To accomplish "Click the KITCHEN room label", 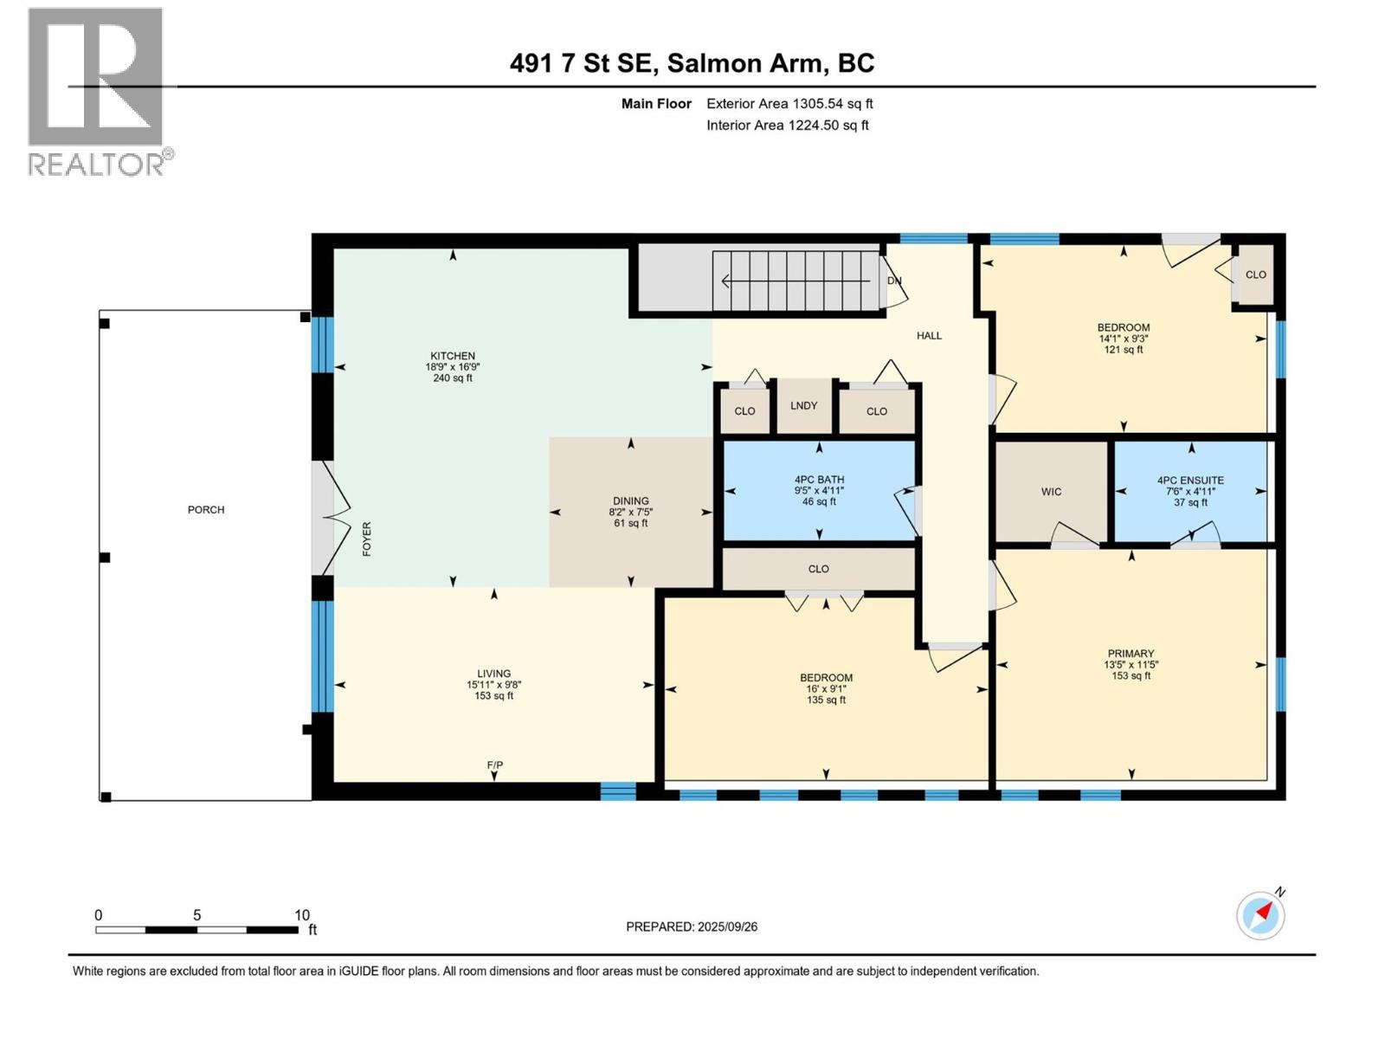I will point(453,356).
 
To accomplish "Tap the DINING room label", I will point(630,501).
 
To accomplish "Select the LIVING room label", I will point(493,674).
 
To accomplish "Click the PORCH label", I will point(206,510).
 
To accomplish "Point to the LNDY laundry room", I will point(803,405).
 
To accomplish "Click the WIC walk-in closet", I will point(1051,492).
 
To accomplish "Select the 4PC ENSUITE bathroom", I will point(1190,481).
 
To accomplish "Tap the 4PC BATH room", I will point(819,480).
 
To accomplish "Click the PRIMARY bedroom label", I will point(1131,654).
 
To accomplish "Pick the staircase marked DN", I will point(796,281).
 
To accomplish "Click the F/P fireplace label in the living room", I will point(494,765).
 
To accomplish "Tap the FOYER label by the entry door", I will point(367,539).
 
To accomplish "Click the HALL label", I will point(929,336).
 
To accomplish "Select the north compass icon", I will point(1260,914).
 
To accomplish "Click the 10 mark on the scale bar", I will point(301,915).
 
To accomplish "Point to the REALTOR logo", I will point(96,91).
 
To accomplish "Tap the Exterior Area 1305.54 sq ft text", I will point(789,104).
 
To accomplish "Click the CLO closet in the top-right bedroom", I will point(1255,274).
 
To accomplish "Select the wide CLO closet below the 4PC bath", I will point(818,569).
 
